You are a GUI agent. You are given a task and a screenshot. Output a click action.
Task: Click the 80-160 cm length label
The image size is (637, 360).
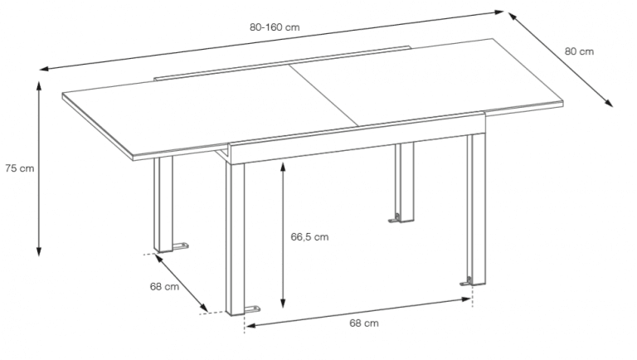coord(275,27)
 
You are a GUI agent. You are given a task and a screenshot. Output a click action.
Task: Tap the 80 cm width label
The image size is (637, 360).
coord(579,51)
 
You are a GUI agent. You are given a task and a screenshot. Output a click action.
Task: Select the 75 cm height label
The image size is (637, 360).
coord(20,168)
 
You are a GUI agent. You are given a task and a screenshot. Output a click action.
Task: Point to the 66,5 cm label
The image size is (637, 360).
coord(309,237)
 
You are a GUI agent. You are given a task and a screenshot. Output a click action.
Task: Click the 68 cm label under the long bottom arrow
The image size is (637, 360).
coord(364,323)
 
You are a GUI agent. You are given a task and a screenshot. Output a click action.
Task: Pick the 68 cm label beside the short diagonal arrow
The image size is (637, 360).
coord(164,286)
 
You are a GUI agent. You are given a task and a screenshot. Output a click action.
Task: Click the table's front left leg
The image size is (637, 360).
coord(236,239)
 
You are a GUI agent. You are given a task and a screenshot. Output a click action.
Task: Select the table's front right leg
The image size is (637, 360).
coord(476,209)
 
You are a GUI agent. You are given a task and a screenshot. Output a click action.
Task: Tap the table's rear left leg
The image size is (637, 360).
coord(163,204)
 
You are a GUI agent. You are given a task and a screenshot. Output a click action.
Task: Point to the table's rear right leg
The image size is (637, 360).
coord(405,182)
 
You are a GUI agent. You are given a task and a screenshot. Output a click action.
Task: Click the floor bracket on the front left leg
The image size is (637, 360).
coord(253,309)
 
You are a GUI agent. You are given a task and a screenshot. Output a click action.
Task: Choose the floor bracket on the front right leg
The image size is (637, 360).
coord(465,281)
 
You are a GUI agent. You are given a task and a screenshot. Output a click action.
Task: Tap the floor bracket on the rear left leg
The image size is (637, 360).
coord(180,246)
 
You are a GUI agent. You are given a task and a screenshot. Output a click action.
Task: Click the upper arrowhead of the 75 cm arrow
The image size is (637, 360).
coord(39,85)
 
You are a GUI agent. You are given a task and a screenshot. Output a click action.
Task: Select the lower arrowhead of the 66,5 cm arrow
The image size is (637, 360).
coord(283,303)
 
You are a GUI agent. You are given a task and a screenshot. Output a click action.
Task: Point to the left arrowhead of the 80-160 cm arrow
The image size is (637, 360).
coord(45,68)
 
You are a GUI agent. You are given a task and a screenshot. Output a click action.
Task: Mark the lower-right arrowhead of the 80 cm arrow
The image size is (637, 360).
coord(609,103)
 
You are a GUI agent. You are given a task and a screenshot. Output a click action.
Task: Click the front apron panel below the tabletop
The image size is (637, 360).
coord(357,139)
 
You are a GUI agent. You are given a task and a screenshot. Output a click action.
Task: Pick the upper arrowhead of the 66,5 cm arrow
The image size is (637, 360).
coord(283,167)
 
